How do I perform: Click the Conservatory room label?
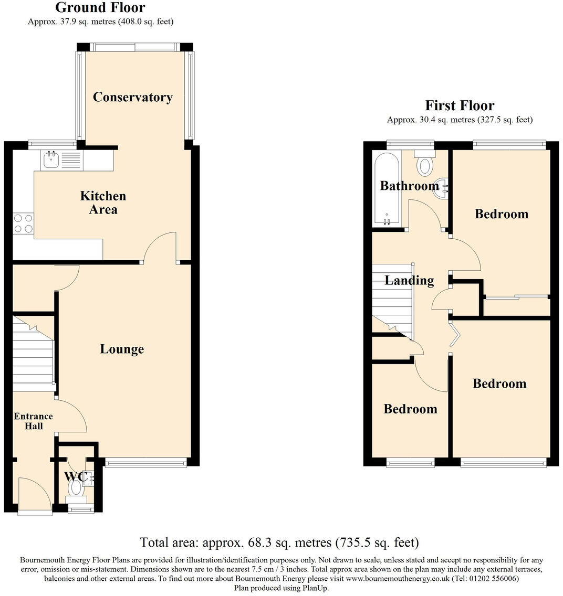click(132, 97)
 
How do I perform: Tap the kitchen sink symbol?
click(51, 161)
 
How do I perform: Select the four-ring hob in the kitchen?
click(23, 223)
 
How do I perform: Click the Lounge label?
click(122, 349)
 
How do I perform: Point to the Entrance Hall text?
click(33, 421)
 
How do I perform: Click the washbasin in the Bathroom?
click(441, 188)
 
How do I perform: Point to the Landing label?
click(409, 281)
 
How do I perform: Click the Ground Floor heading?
click(100, 8)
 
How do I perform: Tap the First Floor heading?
click(460, 105)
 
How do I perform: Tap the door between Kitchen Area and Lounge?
click(161, 247)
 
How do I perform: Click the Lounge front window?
click(145, 462)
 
